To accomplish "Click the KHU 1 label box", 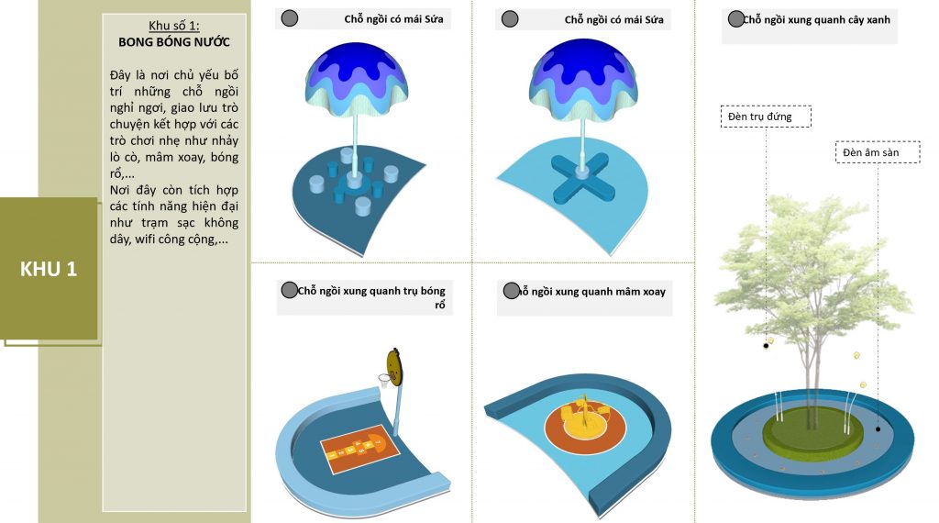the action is click(x=49, y=269).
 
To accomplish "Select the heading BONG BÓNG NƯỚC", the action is click(x=173, y=42).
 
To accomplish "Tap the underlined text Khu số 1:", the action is click(x=173, y=26).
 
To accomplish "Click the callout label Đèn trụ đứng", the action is click(x=766, y=117).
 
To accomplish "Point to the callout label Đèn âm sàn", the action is click(x=878, y=152).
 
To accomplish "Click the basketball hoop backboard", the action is click(x=393, y=366).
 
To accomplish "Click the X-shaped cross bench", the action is click(x=581, y=178).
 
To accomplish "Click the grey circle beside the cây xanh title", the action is click(x=736, y=19).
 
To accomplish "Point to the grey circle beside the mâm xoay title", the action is click(x=511, y=291).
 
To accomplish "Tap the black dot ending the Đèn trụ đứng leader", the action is click(x=766, y=346).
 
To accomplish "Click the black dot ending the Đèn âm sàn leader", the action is click(x=878, y=428).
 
